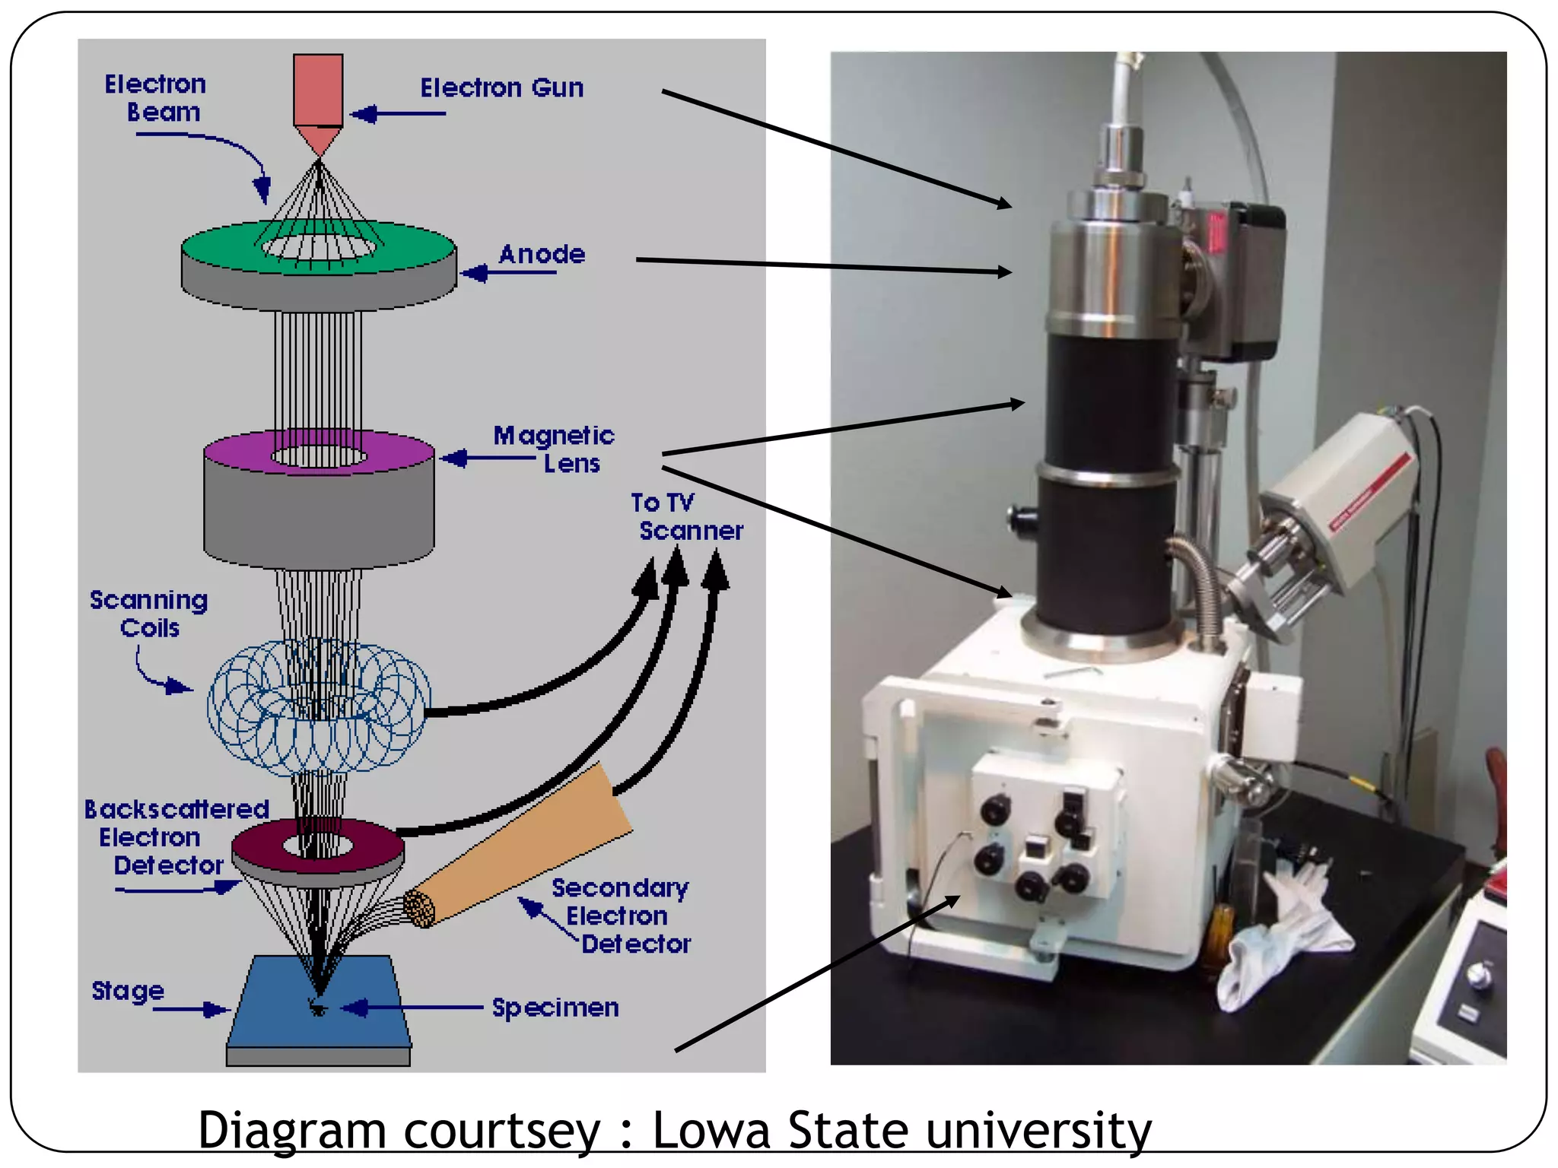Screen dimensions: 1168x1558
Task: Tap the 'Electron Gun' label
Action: point(502,88)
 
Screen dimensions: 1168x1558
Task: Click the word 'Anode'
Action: point(542,254)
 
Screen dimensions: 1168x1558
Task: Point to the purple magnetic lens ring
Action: point(236,453)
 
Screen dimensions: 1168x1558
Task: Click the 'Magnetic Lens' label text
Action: point(554,449)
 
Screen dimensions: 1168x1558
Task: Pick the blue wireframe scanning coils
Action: point(318,707)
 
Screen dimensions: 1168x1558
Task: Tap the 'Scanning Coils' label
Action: point(149,614)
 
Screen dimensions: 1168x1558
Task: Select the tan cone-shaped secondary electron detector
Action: point(533,844)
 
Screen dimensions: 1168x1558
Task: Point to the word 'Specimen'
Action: point(555,1008)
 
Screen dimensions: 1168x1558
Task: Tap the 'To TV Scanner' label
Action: point(685,517)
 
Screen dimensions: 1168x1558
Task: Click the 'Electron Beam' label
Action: point(156,97)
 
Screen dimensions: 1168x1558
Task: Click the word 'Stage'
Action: point(128,990)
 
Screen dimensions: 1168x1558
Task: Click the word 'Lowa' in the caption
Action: point(711,1130)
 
